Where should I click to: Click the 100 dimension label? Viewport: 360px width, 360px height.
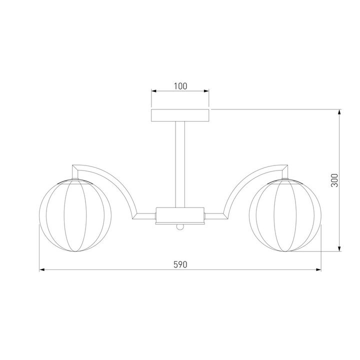(180, 86)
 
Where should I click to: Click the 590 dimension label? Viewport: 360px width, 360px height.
(180, 264)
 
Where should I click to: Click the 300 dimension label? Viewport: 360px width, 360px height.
(334, 180)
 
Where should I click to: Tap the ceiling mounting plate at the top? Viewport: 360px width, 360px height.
(180, 115)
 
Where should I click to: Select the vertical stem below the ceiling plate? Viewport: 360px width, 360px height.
(180, 164)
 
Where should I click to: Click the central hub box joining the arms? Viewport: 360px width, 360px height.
(180, 215)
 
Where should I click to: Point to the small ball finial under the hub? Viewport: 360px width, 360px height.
(180, 227)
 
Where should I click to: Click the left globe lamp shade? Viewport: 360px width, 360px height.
(75, 215)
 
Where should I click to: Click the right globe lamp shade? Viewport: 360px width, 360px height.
(285, 215)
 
